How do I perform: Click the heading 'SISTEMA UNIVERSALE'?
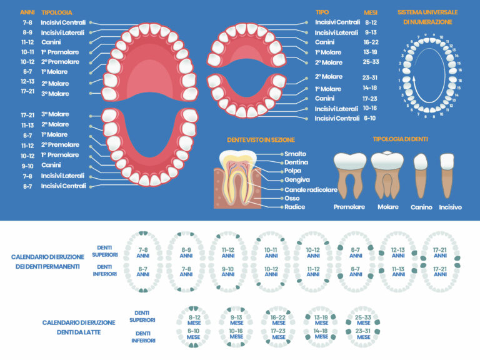click(427, 12)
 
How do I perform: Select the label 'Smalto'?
click(295, 153)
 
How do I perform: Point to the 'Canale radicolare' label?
click(311, 189)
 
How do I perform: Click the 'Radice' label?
click(294, 207)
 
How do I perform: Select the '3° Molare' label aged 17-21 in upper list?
click(55, 94)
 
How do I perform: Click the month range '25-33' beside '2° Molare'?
click(372, 62)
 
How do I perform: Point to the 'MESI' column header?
click(371, 12)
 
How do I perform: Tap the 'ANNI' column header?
click(27, 12)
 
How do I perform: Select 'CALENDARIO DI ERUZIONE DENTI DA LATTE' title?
click(79, 327)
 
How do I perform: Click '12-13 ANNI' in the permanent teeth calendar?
click(398, 252)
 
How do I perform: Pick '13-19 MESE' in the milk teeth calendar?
click(321, 319)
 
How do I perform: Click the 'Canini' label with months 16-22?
click(329, 42)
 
